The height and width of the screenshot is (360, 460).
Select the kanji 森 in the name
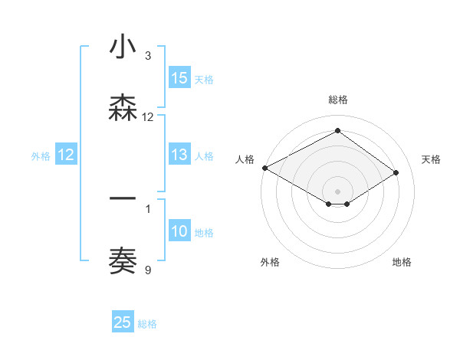pyautogui.click(x=123, y=109)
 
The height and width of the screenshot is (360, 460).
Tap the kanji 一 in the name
pyautogui.click(x=123, y=199)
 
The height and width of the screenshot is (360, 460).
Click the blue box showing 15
pyautogui.click(x=179, y=78)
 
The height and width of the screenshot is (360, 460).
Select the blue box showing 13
pyautogui.click(x=179, y=155)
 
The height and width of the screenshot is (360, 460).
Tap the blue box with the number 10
pyautogui.click(x=179, y=232)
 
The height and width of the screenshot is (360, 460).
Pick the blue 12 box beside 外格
pyautogui.click(x=65, y=155)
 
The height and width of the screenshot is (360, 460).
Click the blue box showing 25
pyautogui.click(x=123, y=322)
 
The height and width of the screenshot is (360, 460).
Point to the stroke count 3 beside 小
pyautogui.click(x=148, y=56)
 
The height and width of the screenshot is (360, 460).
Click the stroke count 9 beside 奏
pyautogui.click(x=148, y=270)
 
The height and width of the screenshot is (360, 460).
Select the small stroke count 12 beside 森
pyautogui.click(x=148, y=117)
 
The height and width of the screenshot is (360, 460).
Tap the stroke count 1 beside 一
pyautogui.click(x=148, y=208)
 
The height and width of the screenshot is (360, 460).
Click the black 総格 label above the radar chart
pyautogui.click(x=337, y=100)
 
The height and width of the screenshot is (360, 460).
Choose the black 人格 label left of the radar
pyautogui.click(x=245, y=159)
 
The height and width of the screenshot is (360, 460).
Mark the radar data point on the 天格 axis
pyautogui.click(x=396, y=173)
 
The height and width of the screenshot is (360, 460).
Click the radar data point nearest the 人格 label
pyautogui.click(x=264, y=168)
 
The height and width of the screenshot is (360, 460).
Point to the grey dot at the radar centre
pyautogui.click(x=337, y=191)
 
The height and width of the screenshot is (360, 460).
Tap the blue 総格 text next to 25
pyautogui.click(x=147, y=324)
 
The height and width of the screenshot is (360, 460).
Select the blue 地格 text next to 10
pyautogui.click(x=204, y=233)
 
